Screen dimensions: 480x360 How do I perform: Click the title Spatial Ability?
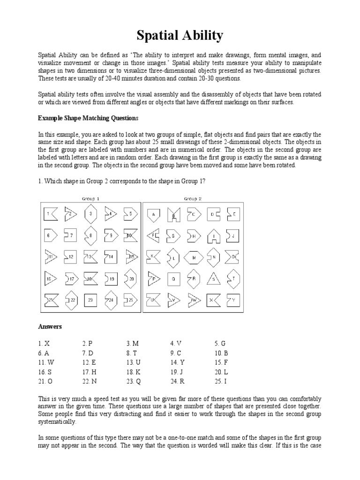[x=180, y=36]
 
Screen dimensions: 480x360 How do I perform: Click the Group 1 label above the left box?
[x=90, y=199]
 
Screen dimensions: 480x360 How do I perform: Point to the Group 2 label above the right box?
[x=193, y=199]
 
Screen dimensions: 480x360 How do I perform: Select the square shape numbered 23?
[x=90, y=300]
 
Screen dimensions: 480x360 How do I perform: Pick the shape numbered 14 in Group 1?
[x=110, y=257]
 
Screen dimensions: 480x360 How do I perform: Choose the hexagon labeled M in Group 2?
[x=193, y=257]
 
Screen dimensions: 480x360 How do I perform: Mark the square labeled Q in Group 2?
[x=173, y=279]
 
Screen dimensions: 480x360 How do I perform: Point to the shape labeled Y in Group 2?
[x=232, y=300]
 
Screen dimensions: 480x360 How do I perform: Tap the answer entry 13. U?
[x=134, y=362]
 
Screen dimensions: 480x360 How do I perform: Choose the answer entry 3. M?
[x=133, y=343]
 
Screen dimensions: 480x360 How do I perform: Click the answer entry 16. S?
[x=45, y=372]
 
